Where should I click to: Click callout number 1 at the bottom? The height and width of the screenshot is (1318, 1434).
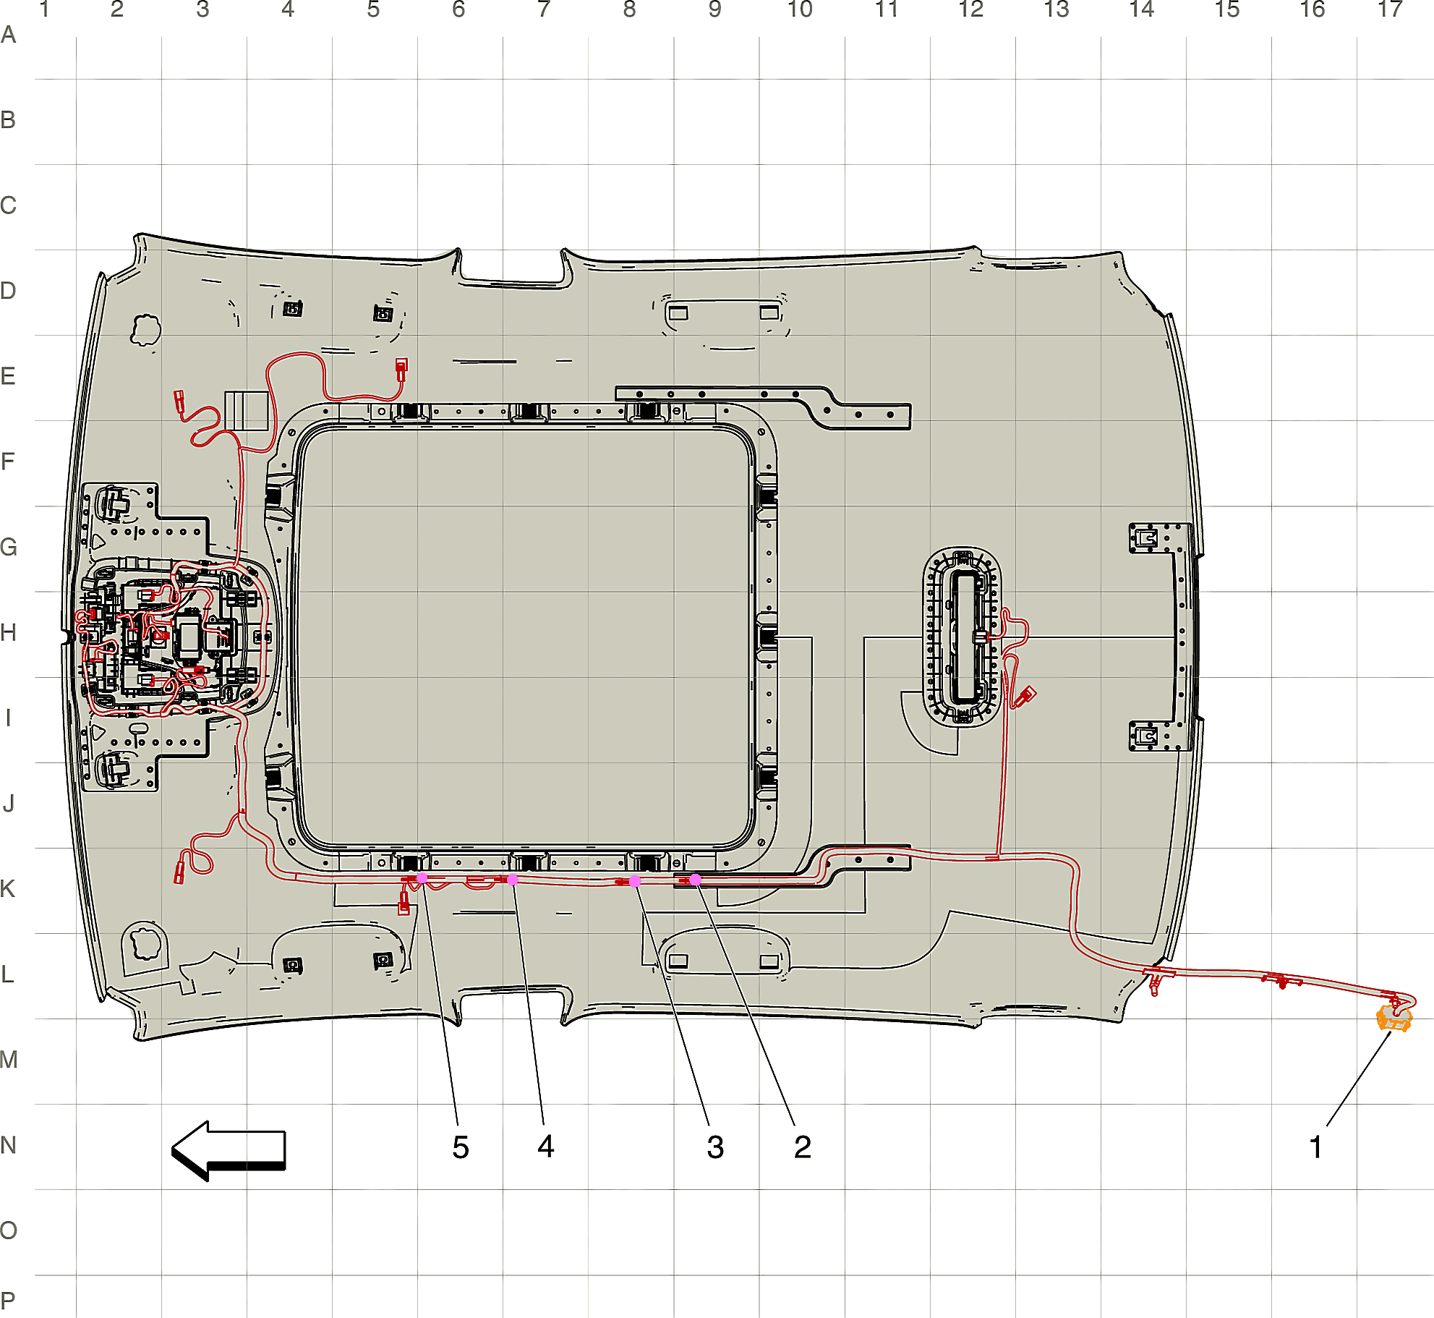click(1315, 1147)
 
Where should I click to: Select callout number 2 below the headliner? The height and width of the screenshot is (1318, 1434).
click(803, 1147)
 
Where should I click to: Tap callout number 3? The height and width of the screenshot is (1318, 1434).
click(715, 1147)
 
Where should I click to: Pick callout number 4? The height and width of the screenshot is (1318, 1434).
click(546, 1147)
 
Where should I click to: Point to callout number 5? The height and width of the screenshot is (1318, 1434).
click(461, 1147)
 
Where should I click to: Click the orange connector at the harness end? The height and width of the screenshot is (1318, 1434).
click(1394, 1018)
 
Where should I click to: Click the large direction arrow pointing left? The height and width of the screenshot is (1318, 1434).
click(229, 1151)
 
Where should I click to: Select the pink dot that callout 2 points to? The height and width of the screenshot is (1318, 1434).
click(695, 880)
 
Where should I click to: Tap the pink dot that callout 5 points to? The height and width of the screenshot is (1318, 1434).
click(422, 877)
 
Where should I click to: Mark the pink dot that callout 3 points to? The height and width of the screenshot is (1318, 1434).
click(635, 881)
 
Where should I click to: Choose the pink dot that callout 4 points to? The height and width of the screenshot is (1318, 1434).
click(512, 880)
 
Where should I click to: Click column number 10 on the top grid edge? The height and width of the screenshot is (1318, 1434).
click(800, 10)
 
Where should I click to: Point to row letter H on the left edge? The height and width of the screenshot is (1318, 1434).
click(9, 633)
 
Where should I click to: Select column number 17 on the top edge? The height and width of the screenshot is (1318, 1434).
click(1390, 10)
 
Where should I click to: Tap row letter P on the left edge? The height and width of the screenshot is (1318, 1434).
click(8, 1301)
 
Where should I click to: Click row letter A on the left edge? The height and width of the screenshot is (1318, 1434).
click(8, 35)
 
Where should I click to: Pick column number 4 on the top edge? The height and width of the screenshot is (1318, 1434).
click(288, 10)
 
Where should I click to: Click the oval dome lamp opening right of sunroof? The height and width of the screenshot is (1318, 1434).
click(963, 637)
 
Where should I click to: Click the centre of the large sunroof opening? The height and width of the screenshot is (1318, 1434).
click(526, 637)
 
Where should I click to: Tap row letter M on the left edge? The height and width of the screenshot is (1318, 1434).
click(9, 1060)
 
